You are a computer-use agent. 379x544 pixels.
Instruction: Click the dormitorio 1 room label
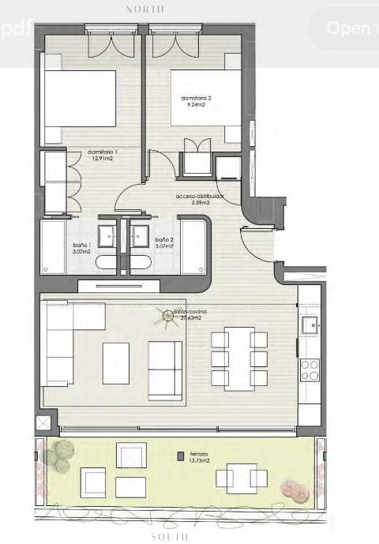tap(94, 155)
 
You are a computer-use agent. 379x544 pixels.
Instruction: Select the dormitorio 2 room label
tap(197, 101)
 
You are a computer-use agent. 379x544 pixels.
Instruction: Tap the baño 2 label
tap(164, 242)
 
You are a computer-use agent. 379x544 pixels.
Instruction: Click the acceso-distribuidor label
tap(200, 198)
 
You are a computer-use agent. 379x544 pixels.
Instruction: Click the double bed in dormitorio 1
tap(79, 99)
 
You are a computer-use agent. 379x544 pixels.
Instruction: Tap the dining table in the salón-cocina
tap(239, 358)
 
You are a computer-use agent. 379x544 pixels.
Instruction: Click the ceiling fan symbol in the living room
tap(167, 317)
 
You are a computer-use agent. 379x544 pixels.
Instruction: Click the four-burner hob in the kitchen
tap(310, 370)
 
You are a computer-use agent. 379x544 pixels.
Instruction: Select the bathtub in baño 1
tap(53, 246)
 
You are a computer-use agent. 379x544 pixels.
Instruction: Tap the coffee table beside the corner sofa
tap(116, 363)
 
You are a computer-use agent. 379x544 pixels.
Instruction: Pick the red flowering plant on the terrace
tap(293, 491)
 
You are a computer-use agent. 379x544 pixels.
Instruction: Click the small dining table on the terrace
tap(238, 478)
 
